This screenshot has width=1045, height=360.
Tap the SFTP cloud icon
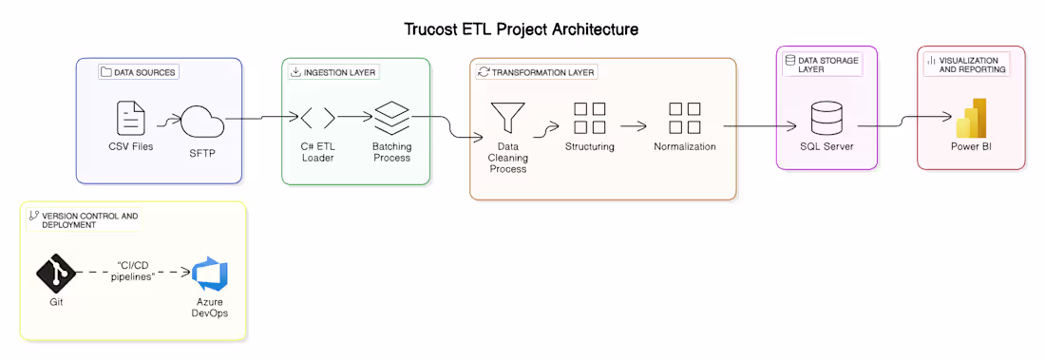[x=200, y=121]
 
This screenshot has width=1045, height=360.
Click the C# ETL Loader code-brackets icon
[x=317, y=119]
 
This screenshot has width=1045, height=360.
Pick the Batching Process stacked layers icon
[x=390, y=118]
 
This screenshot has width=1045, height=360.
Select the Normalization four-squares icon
[x=684, y=119]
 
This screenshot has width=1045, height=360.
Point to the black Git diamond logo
[x=56, y=274]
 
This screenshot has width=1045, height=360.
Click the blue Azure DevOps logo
[x=210, y=275]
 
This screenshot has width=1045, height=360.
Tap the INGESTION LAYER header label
[x=332, y=72]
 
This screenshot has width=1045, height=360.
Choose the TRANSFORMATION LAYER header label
[x=538, y=72]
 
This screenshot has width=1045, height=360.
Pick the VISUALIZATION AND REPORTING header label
[x=964, y=65]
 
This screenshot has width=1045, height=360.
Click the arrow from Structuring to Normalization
[x=635, y=124]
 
